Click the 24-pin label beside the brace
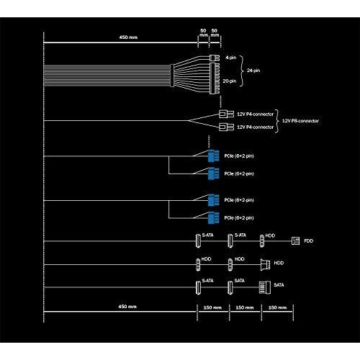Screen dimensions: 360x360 (x=253, y=71)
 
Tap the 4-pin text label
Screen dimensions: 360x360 (x=231, y=58)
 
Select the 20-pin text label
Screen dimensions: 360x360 (x=230, y=81)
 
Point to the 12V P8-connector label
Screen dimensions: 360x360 (x=300, y=121)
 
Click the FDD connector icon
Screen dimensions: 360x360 (x=295, y=240)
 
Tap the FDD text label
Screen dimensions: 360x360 (x=309, y=240)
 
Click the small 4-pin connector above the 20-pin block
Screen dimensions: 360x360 (x=215, y=58)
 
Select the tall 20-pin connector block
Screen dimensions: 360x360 (x=215, y=78)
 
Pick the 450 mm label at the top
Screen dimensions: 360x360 (x=128, y=37)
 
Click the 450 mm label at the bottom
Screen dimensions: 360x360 (x=127, y=307)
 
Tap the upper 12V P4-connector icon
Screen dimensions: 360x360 (x=226, y=114)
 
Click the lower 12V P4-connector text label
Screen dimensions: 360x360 (x=256, y=127)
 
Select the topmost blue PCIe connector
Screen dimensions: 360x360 (x=214, y=156)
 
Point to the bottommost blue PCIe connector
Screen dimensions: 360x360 (x=214, y=217)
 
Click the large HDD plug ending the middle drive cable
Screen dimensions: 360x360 (x=265, y=264)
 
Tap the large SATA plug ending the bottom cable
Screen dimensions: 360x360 (x=265, y=287)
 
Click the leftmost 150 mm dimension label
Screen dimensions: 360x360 (x=212, y=307)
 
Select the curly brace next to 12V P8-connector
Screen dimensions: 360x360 (x=277, y=121)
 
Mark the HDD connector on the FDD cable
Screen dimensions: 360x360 (x=262, y=240)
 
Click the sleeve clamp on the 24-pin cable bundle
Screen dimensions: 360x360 (x=172, y=76)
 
